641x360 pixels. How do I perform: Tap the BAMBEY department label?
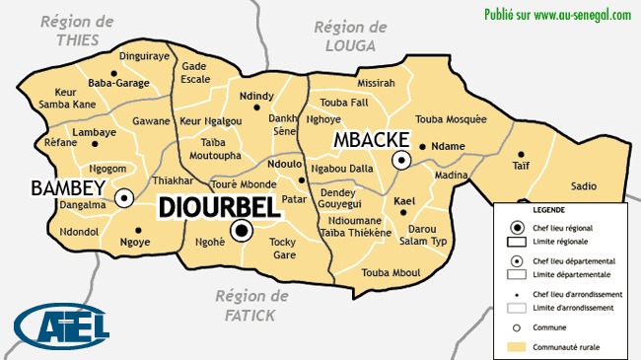67,187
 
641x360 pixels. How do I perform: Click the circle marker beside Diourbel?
241,232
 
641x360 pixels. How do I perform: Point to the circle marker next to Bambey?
124,198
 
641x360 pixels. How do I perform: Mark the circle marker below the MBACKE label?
401,160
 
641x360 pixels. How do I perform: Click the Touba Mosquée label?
451,119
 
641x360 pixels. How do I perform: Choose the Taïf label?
521,166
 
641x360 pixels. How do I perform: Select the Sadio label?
583,185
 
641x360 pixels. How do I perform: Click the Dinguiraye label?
145,57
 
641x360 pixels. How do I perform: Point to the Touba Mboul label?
392,271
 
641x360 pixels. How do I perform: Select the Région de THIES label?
77,30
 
